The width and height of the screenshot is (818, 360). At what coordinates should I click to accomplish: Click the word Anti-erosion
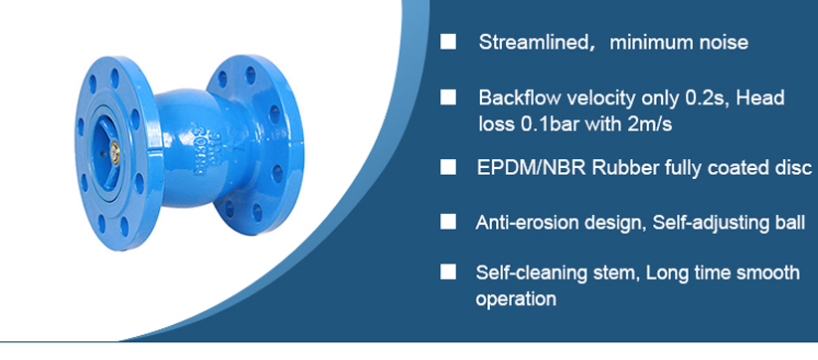527,223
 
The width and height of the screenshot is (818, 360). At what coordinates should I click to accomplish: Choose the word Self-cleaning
528,272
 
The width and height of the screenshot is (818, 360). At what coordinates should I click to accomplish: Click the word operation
516,300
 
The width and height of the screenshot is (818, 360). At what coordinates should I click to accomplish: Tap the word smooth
767,272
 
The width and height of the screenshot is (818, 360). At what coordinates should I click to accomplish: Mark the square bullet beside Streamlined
448,42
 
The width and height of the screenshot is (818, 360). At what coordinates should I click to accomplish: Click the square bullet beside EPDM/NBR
448,168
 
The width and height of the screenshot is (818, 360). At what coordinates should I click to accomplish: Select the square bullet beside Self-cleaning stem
448,272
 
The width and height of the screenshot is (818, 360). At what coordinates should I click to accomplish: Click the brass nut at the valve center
114,151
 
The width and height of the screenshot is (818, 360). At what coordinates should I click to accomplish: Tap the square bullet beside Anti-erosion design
448,222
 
